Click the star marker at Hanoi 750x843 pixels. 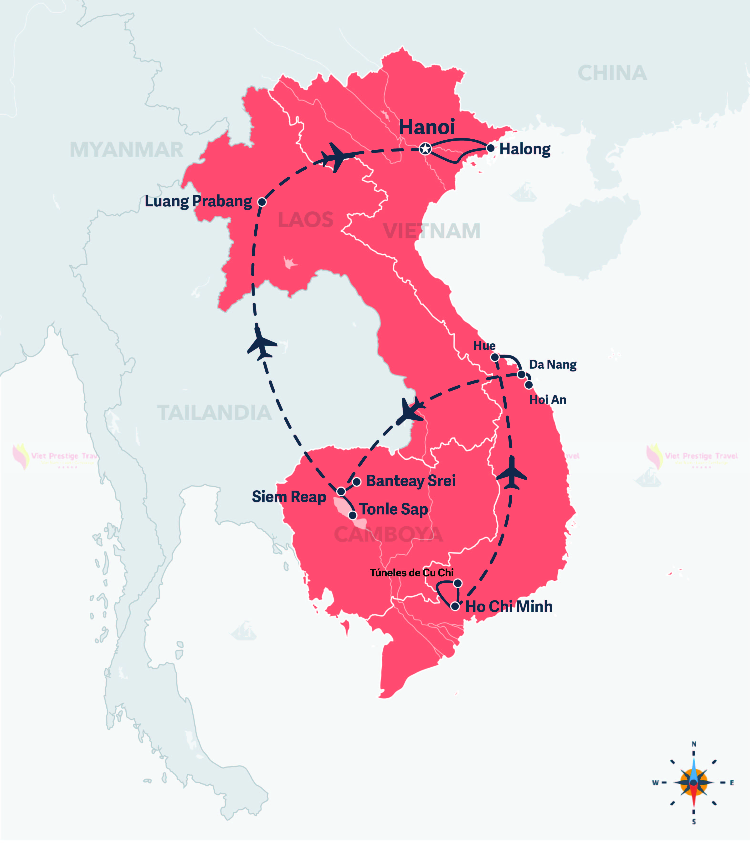coord(425,149)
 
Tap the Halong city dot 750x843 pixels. coord(491,148)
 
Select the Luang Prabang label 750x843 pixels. coord(198,201)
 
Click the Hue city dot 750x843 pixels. coord(495,357)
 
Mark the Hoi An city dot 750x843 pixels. coord(529,385)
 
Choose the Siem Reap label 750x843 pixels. coord(289,497)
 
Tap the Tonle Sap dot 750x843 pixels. coord(353,515)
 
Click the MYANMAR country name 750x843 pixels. coord(126,150)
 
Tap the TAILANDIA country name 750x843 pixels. coord(215,413)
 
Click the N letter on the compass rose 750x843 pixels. coord(694,744)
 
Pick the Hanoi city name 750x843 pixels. coord(426,127)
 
